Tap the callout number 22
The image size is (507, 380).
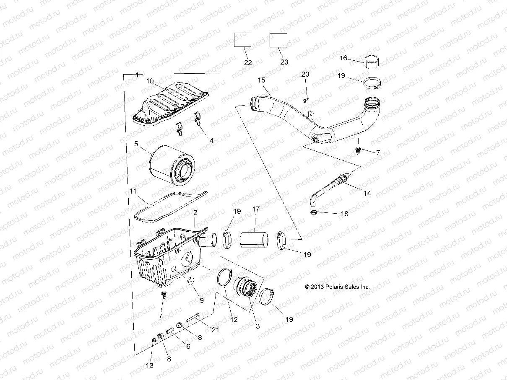248,62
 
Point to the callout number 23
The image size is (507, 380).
284,62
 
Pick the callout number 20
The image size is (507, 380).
305,74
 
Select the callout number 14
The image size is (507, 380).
367,193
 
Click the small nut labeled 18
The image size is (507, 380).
313,215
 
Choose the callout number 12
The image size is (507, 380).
234,320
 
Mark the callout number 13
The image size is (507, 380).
150,365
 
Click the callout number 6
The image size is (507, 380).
188,346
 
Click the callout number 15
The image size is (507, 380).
261,80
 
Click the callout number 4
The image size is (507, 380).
211,141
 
